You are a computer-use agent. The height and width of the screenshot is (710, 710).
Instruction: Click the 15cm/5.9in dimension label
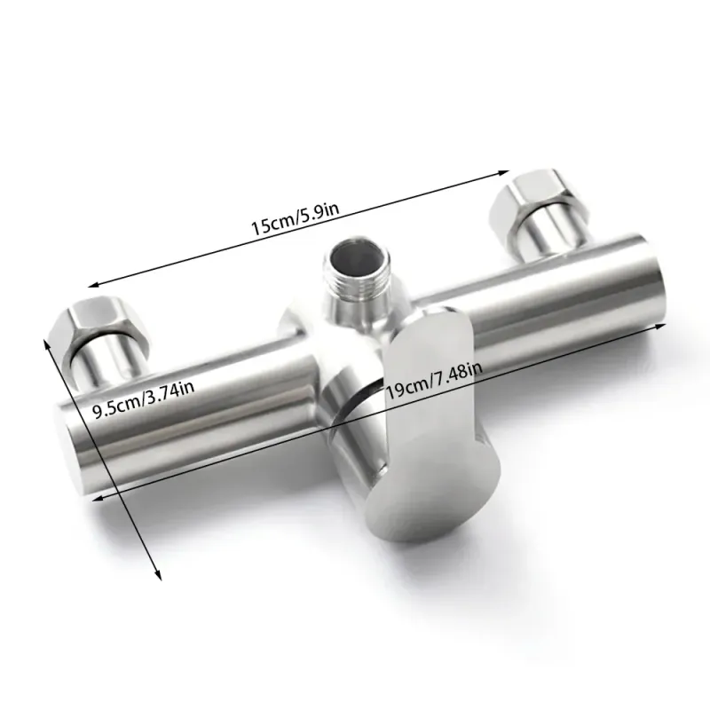click(x=296, y=218)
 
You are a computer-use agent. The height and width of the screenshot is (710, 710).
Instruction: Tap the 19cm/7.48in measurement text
click(x=433, y=382)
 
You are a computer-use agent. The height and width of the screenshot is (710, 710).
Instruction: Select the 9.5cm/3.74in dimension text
click(x=144, y=399)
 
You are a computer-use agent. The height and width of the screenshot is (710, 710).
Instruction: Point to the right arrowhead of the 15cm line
click(x=503, y=172)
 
